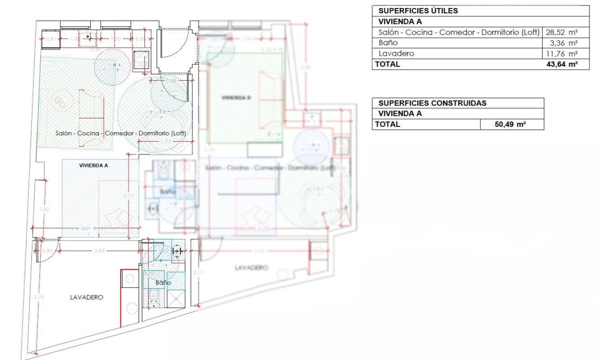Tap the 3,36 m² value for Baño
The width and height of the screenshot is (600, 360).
pos(565,43)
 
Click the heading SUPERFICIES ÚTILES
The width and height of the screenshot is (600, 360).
pos(418,11)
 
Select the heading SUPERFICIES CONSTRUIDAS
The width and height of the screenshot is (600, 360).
pos(432,103)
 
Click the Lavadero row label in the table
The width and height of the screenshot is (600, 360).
pos(393,54)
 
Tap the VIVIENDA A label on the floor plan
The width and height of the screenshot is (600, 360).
pos(93,166)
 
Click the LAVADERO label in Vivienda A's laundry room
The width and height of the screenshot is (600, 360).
pos(86,297)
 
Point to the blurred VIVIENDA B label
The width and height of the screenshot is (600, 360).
pos(236,98)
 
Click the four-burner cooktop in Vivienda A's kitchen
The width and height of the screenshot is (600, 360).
pos(141,60)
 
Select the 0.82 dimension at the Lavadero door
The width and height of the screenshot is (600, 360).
pos(47,251)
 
